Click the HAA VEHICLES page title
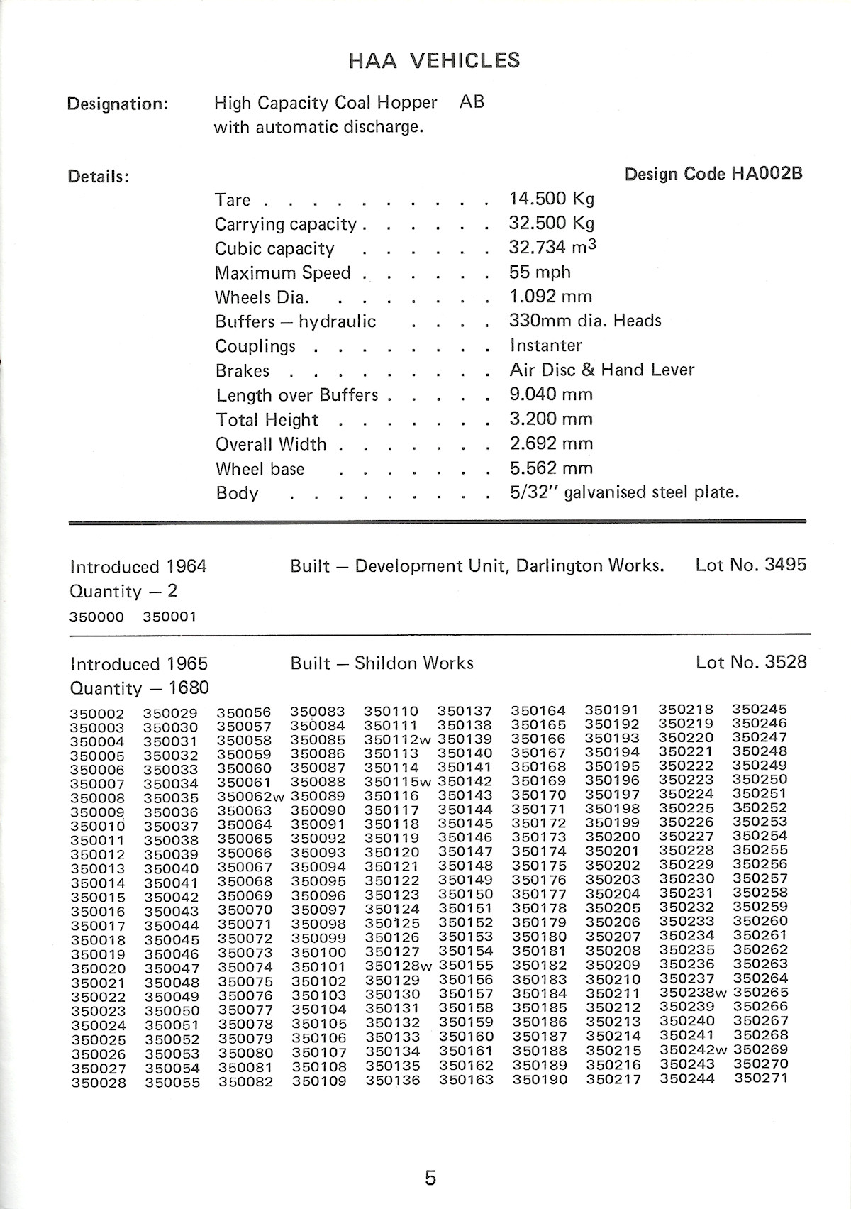click(434, 61)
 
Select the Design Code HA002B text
click(713, 174)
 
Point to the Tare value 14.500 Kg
click(551, 199)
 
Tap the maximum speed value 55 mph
click(539, 272)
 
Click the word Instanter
click(545, 346)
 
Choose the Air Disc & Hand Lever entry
click(601, 370)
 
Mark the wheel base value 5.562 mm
click(550, 468)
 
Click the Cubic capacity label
click(274, 249)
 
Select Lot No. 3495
click(751, 565)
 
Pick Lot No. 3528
click(751, 663)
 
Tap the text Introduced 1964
click(138, 567)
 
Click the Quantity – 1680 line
click(139, 688)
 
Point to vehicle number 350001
click(169, 617)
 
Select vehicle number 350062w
click(250, 797)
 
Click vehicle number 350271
click(760, 1078)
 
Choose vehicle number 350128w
click(398, 966)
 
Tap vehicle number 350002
click(97, 714)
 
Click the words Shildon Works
click(413, 663)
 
